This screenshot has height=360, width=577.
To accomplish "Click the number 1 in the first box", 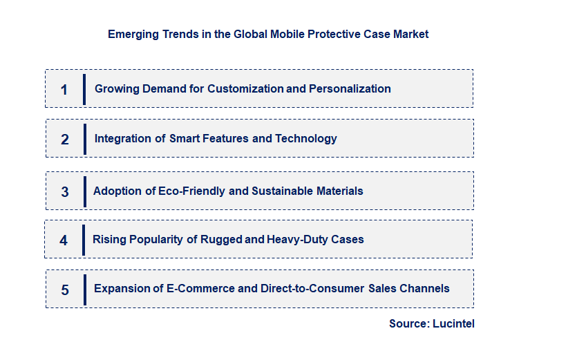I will (64, 90).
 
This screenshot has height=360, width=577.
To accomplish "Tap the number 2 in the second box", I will (65, 140).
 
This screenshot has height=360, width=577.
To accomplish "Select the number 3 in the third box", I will (65, 192).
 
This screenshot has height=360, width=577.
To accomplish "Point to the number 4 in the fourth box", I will (64, 241).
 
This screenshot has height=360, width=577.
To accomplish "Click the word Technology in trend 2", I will (306, 138).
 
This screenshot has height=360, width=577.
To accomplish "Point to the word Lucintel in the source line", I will (453, 323).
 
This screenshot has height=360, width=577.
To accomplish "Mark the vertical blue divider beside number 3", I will (84, 191).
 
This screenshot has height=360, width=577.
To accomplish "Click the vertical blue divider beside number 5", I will (85, 289).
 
